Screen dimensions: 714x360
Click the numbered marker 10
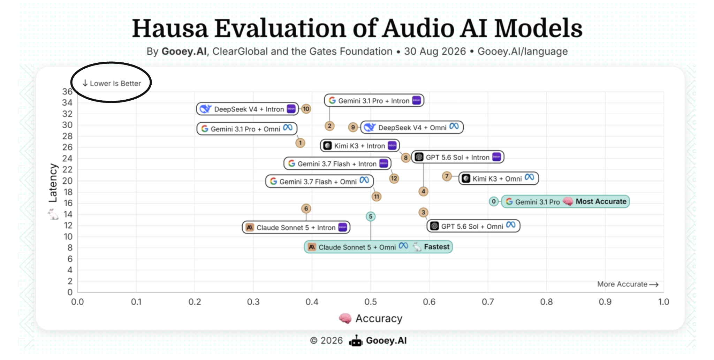click(x=306, y=109)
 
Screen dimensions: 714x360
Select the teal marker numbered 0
click(x=493, y=201)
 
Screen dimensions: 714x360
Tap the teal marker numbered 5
click(x=371, y=216)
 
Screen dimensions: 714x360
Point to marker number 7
click(x=447, y=176)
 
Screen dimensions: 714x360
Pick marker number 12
click(x=394, y=178)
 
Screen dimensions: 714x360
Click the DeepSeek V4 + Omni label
click(x=412, y=127)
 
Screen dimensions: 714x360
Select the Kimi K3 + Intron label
click(x=360, y=145)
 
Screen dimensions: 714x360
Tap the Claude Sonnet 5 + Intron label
click(x=296, y=228)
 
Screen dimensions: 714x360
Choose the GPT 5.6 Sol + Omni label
click(x=473, y=226)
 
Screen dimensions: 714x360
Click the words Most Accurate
click(x=601, y=201)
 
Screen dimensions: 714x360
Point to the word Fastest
click(x=436, y=247)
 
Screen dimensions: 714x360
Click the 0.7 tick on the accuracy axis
click(x=488, y=302)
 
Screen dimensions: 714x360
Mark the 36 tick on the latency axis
click(x=67, y=92)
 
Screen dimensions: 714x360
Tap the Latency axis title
click(x=53, y=183)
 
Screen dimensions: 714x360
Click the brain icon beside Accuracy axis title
click(x=345, y=318)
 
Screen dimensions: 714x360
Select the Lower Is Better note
click(x=112, y=83)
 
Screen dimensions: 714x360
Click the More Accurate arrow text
click(x=628, y=284)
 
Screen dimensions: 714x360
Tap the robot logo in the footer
click(x=356, y=341)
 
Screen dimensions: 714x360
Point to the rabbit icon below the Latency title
click(x=53, y=214)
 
